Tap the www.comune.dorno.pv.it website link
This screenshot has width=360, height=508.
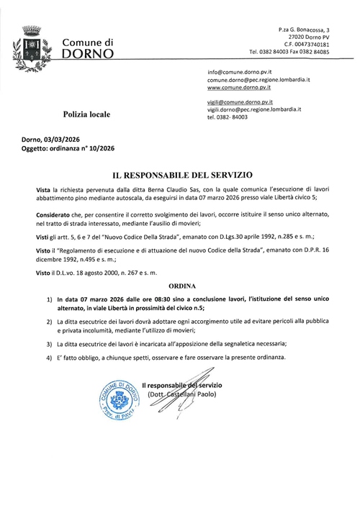pyautogui.click(x=239, y=88)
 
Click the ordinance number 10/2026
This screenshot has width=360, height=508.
pyautogui.click(x=99, y=148)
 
